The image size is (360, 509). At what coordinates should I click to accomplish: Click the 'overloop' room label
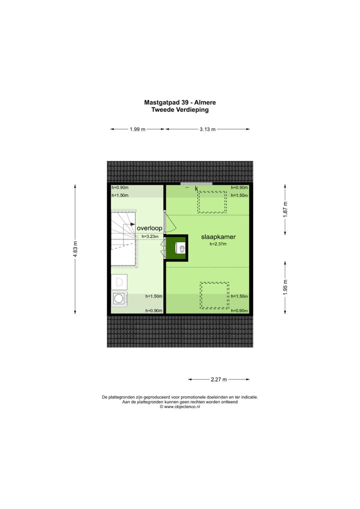pos(149,228)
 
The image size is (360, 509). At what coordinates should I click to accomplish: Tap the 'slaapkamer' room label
pos(218,237)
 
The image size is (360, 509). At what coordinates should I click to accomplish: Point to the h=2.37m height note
pos(218,244)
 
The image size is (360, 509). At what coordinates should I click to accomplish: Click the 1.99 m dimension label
pos(137,129)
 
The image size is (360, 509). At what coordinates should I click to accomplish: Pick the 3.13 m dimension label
pos(207,129)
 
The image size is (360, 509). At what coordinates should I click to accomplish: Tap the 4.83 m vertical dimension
pos(75,249)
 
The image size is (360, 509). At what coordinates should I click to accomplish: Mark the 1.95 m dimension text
pos(285,286)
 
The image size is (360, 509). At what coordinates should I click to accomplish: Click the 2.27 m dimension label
pos(219,379)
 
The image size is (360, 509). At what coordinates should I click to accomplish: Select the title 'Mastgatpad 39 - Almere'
pos(179,102)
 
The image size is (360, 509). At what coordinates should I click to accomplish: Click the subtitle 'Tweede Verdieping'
pos(179,109)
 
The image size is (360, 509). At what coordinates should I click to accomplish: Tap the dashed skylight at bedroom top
pos(212,202)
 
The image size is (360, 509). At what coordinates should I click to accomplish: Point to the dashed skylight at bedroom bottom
pos(215,295)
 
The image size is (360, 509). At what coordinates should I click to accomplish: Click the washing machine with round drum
pos(119,299)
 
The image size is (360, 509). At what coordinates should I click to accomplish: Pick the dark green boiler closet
pos(177,248)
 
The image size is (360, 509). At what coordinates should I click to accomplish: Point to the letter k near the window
pos(196,188)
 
